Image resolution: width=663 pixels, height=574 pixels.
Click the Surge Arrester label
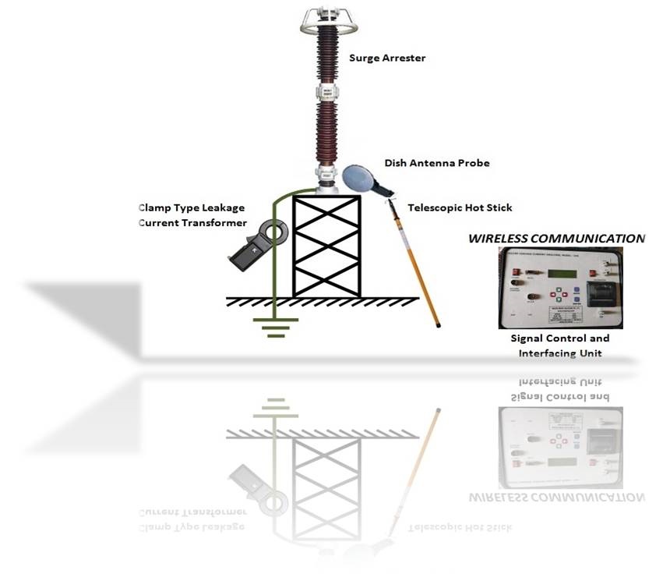click(x=388, y=58)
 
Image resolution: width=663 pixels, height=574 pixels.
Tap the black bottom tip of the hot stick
click(x=438, y=324)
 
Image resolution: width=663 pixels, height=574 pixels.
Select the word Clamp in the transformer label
click(x=154, y=208)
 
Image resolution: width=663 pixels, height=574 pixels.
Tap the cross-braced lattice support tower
click(x=326, y=245)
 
